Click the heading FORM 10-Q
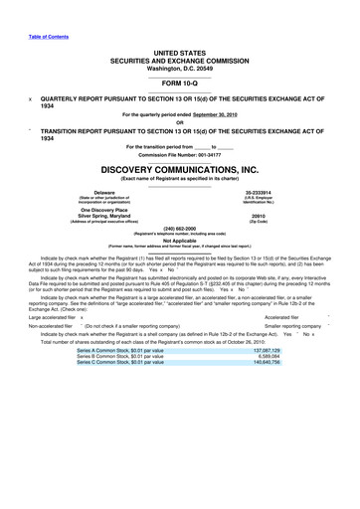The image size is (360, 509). pos(179,84)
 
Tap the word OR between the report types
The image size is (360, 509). pos(179,123)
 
